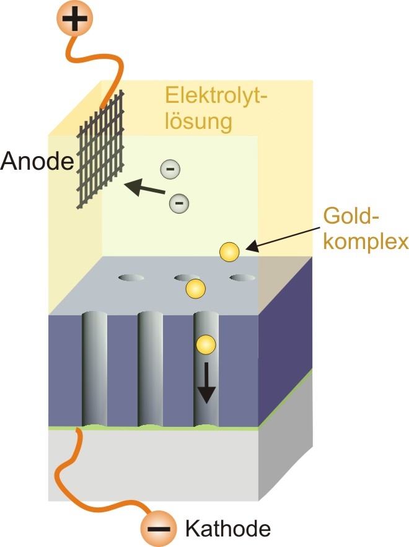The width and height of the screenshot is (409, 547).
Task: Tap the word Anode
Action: pos(36,162)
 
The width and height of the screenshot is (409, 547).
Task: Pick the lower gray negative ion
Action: pos(179,202)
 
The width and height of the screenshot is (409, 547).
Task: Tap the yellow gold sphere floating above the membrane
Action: pos(229,251)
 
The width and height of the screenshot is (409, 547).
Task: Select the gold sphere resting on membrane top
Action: pos(195,288)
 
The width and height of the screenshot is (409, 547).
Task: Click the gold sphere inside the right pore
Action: pos(205,344)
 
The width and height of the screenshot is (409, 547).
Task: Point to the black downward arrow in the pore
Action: pos(205,387)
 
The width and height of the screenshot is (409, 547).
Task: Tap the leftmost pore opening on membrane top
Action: pos(131,277)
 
